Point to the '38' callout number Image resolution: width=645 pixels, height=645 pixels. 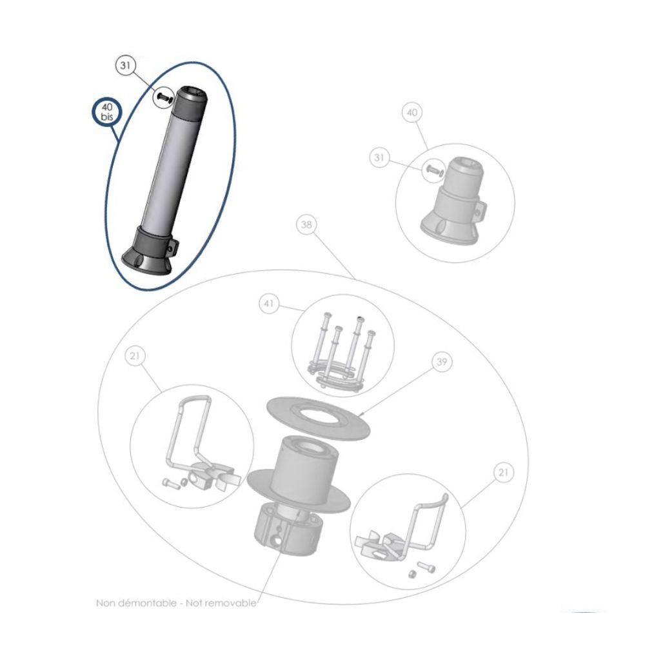click(x=307, y=226)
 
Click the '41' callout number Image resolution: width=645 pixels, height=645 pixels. click(x=269, y=303)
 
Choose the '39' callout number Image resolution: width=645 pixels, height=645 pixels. click(x=441, y=364)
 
